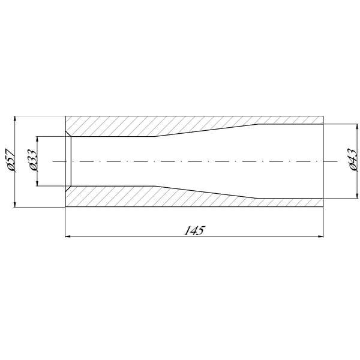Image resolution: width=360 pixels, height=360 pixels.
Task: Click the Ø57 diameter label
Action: coord(10,160)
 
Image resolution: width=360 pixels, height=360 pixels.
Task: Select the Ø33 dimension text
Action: coord(32,160)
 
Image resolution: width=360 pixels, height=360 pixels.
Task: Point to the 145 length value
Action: coord(194,230)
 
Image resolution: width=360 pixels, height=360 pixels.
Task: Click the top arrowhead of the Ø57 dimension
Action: coord(15,119)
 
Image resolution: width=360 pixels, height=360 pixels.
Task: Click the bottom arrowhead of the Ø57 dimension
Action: coord(15,205)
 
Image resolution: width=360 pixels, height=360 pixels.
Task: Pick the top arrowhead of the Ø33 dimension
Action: coord(37,139)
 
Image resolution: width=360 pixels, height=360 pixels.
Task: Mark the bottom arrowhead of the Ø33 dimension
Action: coord(37,183)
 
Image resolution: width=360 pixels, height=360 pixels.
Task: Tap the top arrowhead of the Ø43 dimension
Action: coord(357,127)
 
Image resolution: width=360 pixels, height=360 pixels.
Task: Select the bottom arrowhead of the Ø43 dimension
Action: coord(357,196)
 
